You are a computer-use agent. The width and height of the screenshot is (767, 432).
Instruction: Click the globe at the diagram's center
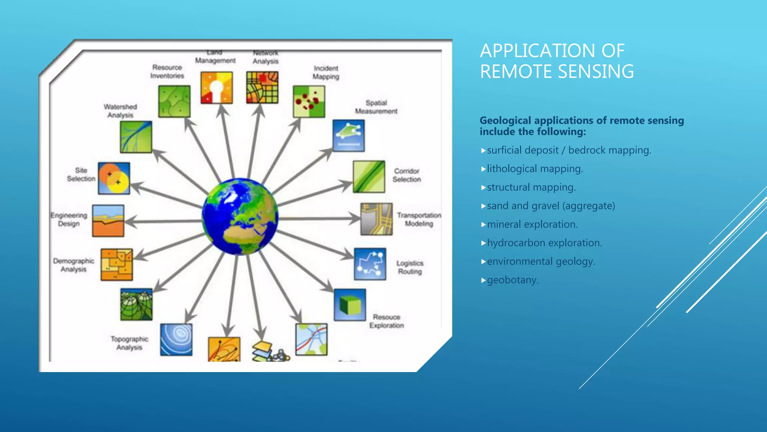coord(240,217)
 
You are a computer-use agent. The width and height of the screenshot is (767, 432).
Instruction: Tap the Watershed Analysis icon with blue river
coord(136,137)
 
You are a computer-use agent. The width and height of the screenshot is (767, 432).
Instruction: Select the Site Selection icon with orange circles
coord(114,178)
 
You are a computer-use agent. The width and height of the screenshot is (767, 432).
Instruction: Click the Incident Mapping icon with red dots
coord(309,101)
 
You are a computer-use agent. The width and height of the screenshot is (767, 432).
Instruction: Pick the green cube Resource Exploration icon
coord(350,304)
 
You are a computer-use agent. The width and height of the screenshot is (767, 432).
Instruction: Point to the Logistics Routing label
coord(410,267)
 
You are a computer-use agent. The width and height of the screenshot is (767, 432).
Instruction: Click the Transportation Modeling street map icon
coord(376,219)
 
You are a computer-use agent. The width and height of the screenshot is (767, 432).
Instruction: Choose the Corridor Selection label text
coord(407,175)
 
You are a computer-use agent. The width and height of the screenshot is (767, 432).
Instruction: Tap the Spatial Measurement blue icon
coord(348,135)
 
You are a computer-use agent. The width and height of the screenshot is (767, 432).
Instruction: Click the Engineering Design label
coord(69,219)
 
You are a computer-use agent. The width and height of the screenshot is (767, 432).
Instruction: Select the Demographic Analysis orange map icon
coord(116,264)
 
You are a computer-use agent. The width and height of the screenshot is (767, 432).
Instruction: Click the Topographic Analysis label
coord(129,343)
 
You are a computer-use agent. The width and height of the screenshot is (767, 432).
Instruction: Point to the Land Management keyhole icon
coord(216,88)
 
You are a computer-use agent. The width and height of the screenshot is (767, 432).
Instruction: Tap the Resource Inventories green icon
coord(174,101)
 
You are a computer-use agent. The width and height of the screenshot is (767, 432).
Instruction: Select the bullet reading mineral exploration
coord(532,224)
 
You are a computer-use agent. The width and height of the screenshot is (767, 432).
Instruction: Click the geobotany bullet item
coord(512,280)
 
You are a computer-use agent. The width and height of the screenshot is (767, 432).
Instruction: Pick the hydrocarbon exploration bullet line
coord(544,243)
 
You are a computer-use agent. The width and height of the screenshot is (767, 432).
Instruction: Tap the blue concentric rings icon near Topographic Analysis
coord(176,339)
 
